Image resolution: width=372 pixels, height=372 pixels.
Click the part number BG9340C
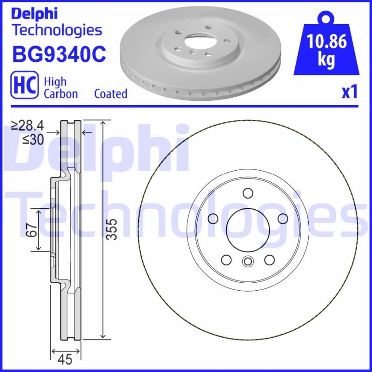pos(59,54)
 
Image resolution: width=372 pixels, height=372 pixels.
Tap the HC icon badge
pos(24,87)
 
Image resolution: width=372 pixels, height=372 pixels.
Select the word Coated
pos(111,93)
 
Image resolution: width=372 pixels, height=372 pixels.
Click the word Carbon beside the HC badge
pos(60,93)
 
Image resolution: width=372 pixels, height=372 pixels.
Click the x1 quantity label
pos(349,92)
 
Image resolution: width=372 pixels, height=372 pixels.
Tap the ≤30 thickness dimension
pos(32,139)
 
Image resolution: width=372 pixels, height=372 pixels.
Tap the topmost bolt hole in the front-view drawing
pos(247,193)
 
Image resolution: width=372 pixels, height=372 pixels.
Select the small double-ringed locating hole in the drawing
pos(247,262)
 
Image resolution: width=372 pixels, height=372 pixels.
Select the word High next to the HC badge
pos(55,81)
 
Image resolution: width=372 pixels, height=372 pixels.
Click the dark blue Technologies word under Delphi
pos(56,31)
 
